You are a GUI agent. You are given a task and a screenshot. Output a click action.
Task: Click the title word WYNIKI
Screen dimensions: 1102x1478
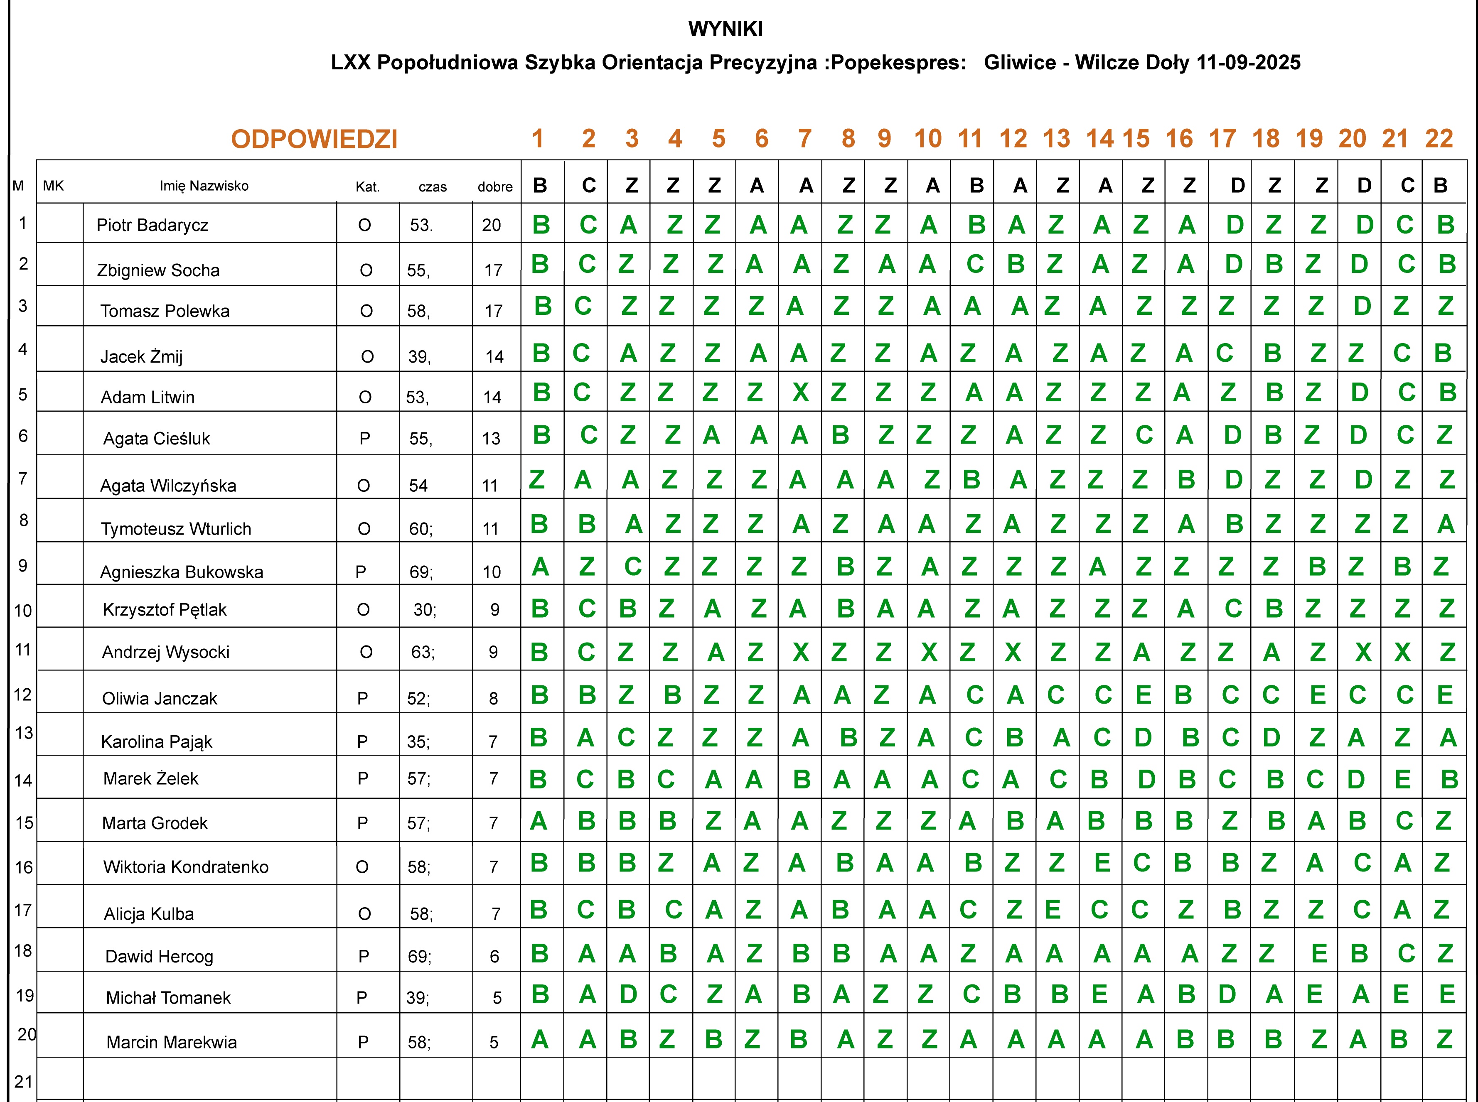tap(725, 29)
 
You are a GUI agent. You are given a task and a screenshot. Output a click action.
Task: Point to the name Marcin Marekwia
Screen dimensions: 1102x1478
tap(172, 1042)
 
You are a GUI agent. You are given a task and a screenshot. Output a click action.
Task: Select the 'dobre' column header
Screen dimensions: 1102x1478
tap(495, 187)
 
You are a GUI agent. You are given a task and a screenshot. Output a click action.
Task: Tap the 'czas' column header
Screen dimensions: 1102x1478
tap(433, 187)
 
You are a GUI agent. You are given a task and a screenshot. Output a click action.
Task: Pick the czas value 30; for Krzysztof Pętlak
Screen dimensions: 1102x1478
tap(424, 610)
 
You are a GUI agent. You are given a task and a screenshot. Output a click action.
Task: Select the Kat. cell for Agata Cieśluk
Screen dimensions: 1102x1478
tap(364, 438)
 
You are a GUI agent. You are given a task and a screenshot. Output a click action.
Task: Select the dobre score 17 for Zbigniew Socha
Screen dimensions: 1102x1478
tap(493, 270)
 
